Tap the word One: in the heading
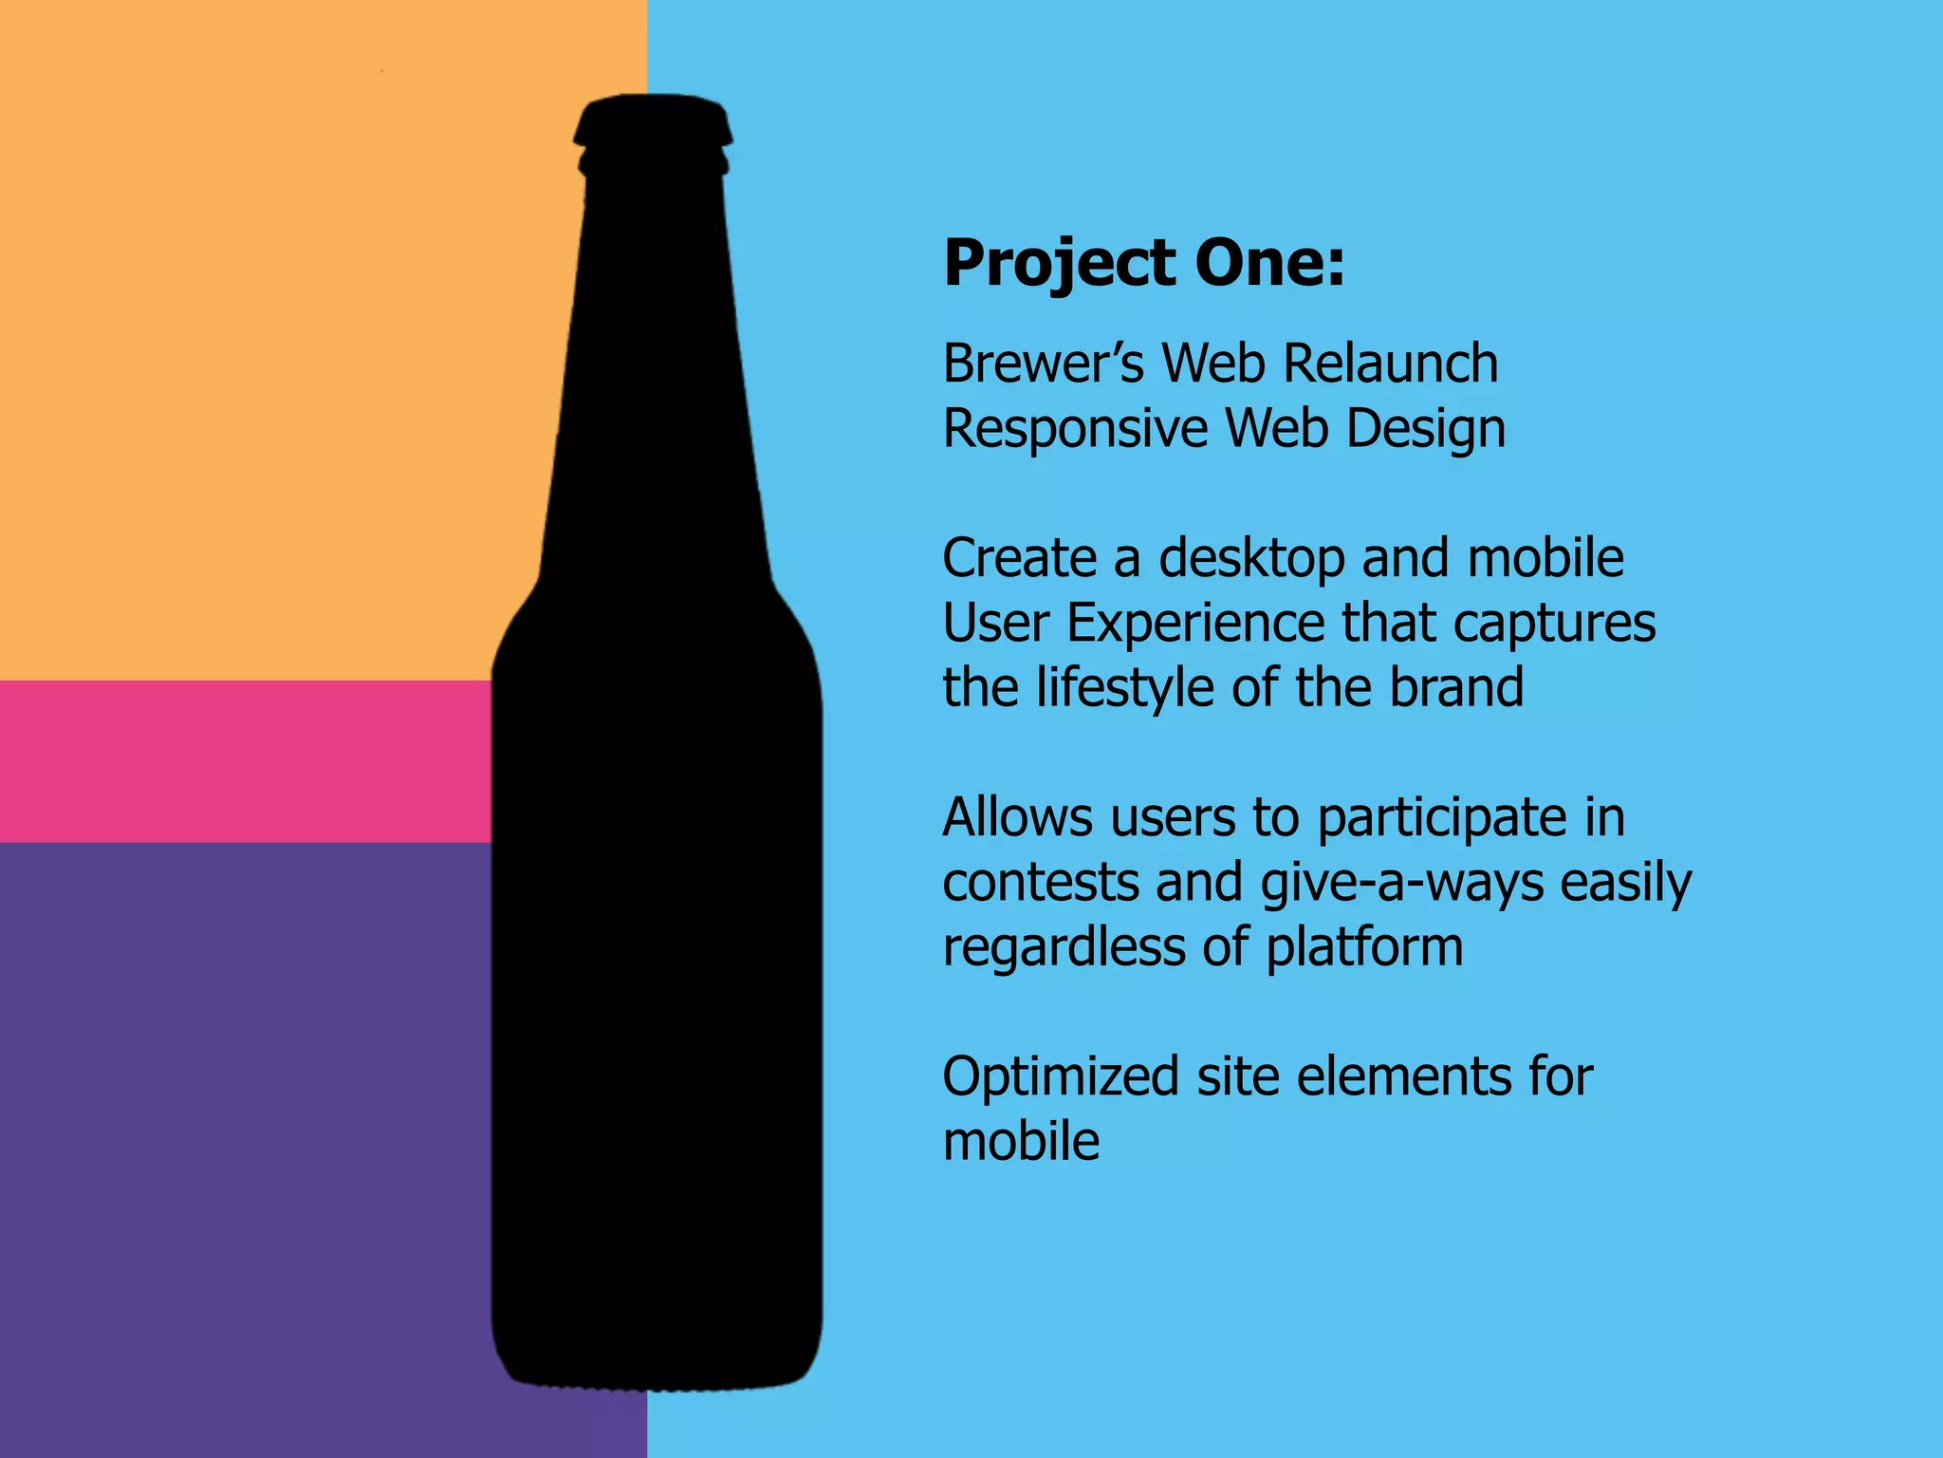1269,263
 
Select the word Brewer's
1044,364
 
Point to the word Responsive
1075,429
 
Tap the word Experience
1195,625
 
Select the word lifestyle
1124,687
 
